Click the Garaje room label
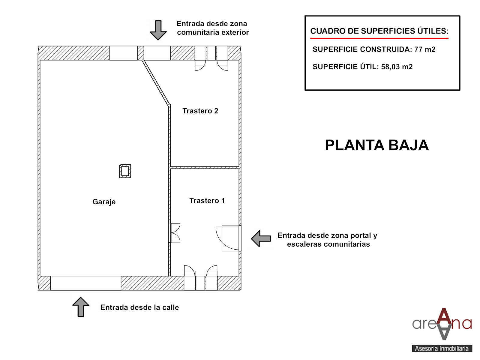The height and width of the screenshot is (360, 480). point(104,202)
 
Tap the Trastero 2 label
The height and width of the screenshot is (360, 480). point(200,111)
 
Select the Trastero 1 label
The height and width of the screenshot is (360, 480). point(207,200)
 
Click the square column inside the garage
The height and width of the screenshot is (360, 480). point(125,171)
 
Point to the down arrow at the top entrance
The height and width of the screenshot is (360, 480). point(158,30)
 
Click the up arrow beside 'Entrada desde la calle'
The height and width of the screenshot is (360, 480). point(81,307)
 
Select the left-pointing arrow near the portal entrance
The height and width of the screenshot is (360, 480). point(261,238)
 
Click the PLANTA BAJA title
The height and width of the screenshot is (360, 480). point(377,145)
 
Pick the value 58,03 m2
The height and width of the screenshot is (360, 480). point(397,67)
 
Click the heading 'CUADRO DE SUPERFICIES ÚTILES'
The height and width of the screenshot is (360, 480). point(379,31)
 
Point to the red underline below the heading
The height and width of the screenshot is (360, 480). point(379,38)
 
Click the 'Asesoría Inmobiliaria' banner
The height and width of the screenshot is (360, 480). point(442,348)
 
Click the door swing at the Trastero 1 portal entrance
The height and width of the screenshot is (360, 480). point(227,238)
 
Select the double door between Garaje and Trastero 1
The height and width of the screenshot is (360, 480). point(175,232)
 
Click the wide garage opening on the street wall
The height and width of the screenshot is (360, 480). point(86,283)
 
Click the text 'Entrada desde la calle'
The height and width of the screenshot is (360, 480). point(139,307)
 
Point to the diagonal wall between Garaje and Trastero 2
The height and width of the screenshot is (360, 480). point(156,83)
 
